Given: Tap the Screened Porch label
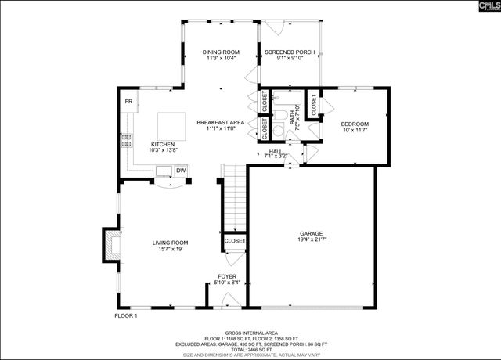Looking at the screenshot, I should [x=289, y=52].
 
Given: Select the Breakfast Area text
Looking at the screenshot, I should [x=221, y=122].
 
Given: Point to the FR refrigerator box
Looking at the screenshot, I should [x=128, y=102].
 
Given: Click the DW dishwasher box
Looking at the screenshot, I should [x=180, y=171].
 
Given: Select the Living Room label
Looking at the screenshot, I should [x=170, y=243].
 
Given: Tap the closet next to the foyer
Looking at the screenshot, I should [x=235, y=242].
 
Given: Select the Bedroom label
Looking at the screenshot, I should [x=355, y=124].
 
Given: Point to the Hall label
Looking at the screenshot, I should [x=275, y=152].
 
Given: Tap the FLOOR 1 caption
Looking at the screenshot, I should [x=126, y=315].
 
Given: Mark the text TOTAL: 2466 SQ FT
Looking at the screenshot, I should [x=250, y=349].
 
